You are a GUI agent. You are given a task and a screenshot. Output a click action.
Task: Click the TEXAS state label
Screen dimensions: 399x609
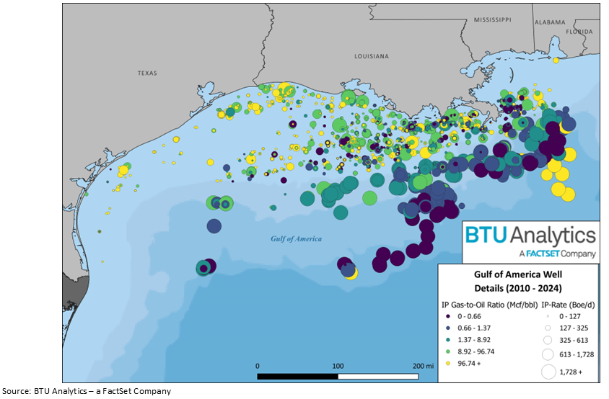click(147, 73)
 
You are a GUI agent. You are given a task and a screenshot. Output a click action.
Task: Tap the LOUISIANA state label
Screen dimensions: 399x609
click(372, 56)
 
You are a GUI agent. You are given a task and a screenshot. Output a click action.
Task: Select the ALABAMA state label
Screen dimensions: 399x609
click(550, 22)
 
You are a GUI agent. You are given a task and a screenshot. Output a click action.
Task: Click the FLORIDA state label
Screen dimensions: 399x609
click(579, 32)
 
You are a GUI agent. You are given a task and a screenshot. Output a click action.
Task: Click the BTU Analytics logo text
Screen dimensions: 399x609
click(530, 235)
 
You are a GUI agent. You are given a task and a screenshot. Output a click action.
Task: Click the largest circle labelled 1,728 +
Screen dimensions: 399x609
click(548, 372)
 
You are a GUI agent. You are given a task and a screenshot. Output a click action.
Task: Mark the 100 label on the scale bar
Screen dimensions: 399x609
click(337, 366)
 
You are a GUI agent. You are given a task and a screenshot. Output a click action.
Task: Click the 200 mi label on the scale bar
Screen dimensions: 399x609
click(423, 366)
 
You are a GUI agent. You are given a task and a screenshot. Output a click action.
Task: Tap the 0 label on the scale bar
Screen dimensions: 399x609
click(258, 366)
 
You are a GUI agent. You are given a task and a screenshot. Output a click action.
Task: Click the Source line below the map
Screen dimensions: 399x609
click(87, 391)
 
